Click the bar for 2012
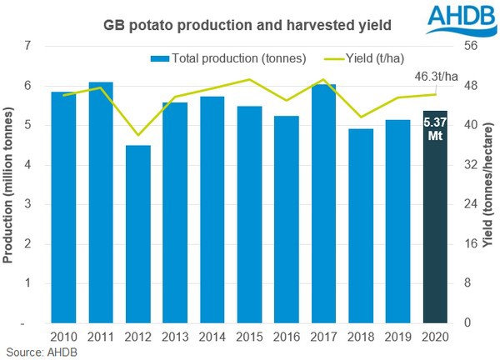[x=138, y=234]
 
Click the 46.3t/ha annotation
[x=437, y=77]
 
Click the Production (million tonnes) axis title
[x=9, y=185]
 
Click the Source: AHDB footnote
[x=39, y=352]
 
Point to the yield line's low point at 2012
[x=138, y=135]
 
